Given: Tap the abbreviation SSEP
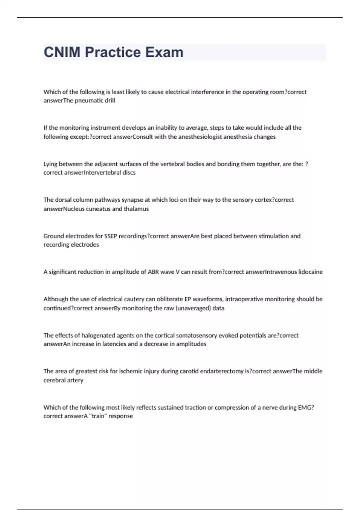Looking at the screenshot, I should pyautogui.click(x=111, y=236).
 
